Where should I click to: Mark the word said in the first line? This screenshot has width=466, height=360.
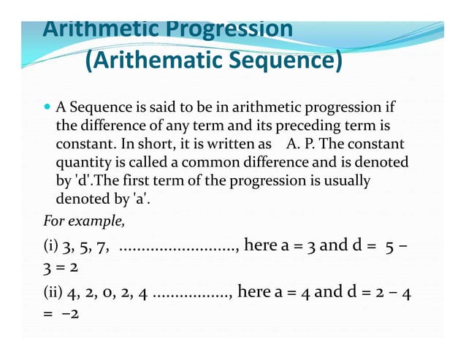click(x=156, y=108)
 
